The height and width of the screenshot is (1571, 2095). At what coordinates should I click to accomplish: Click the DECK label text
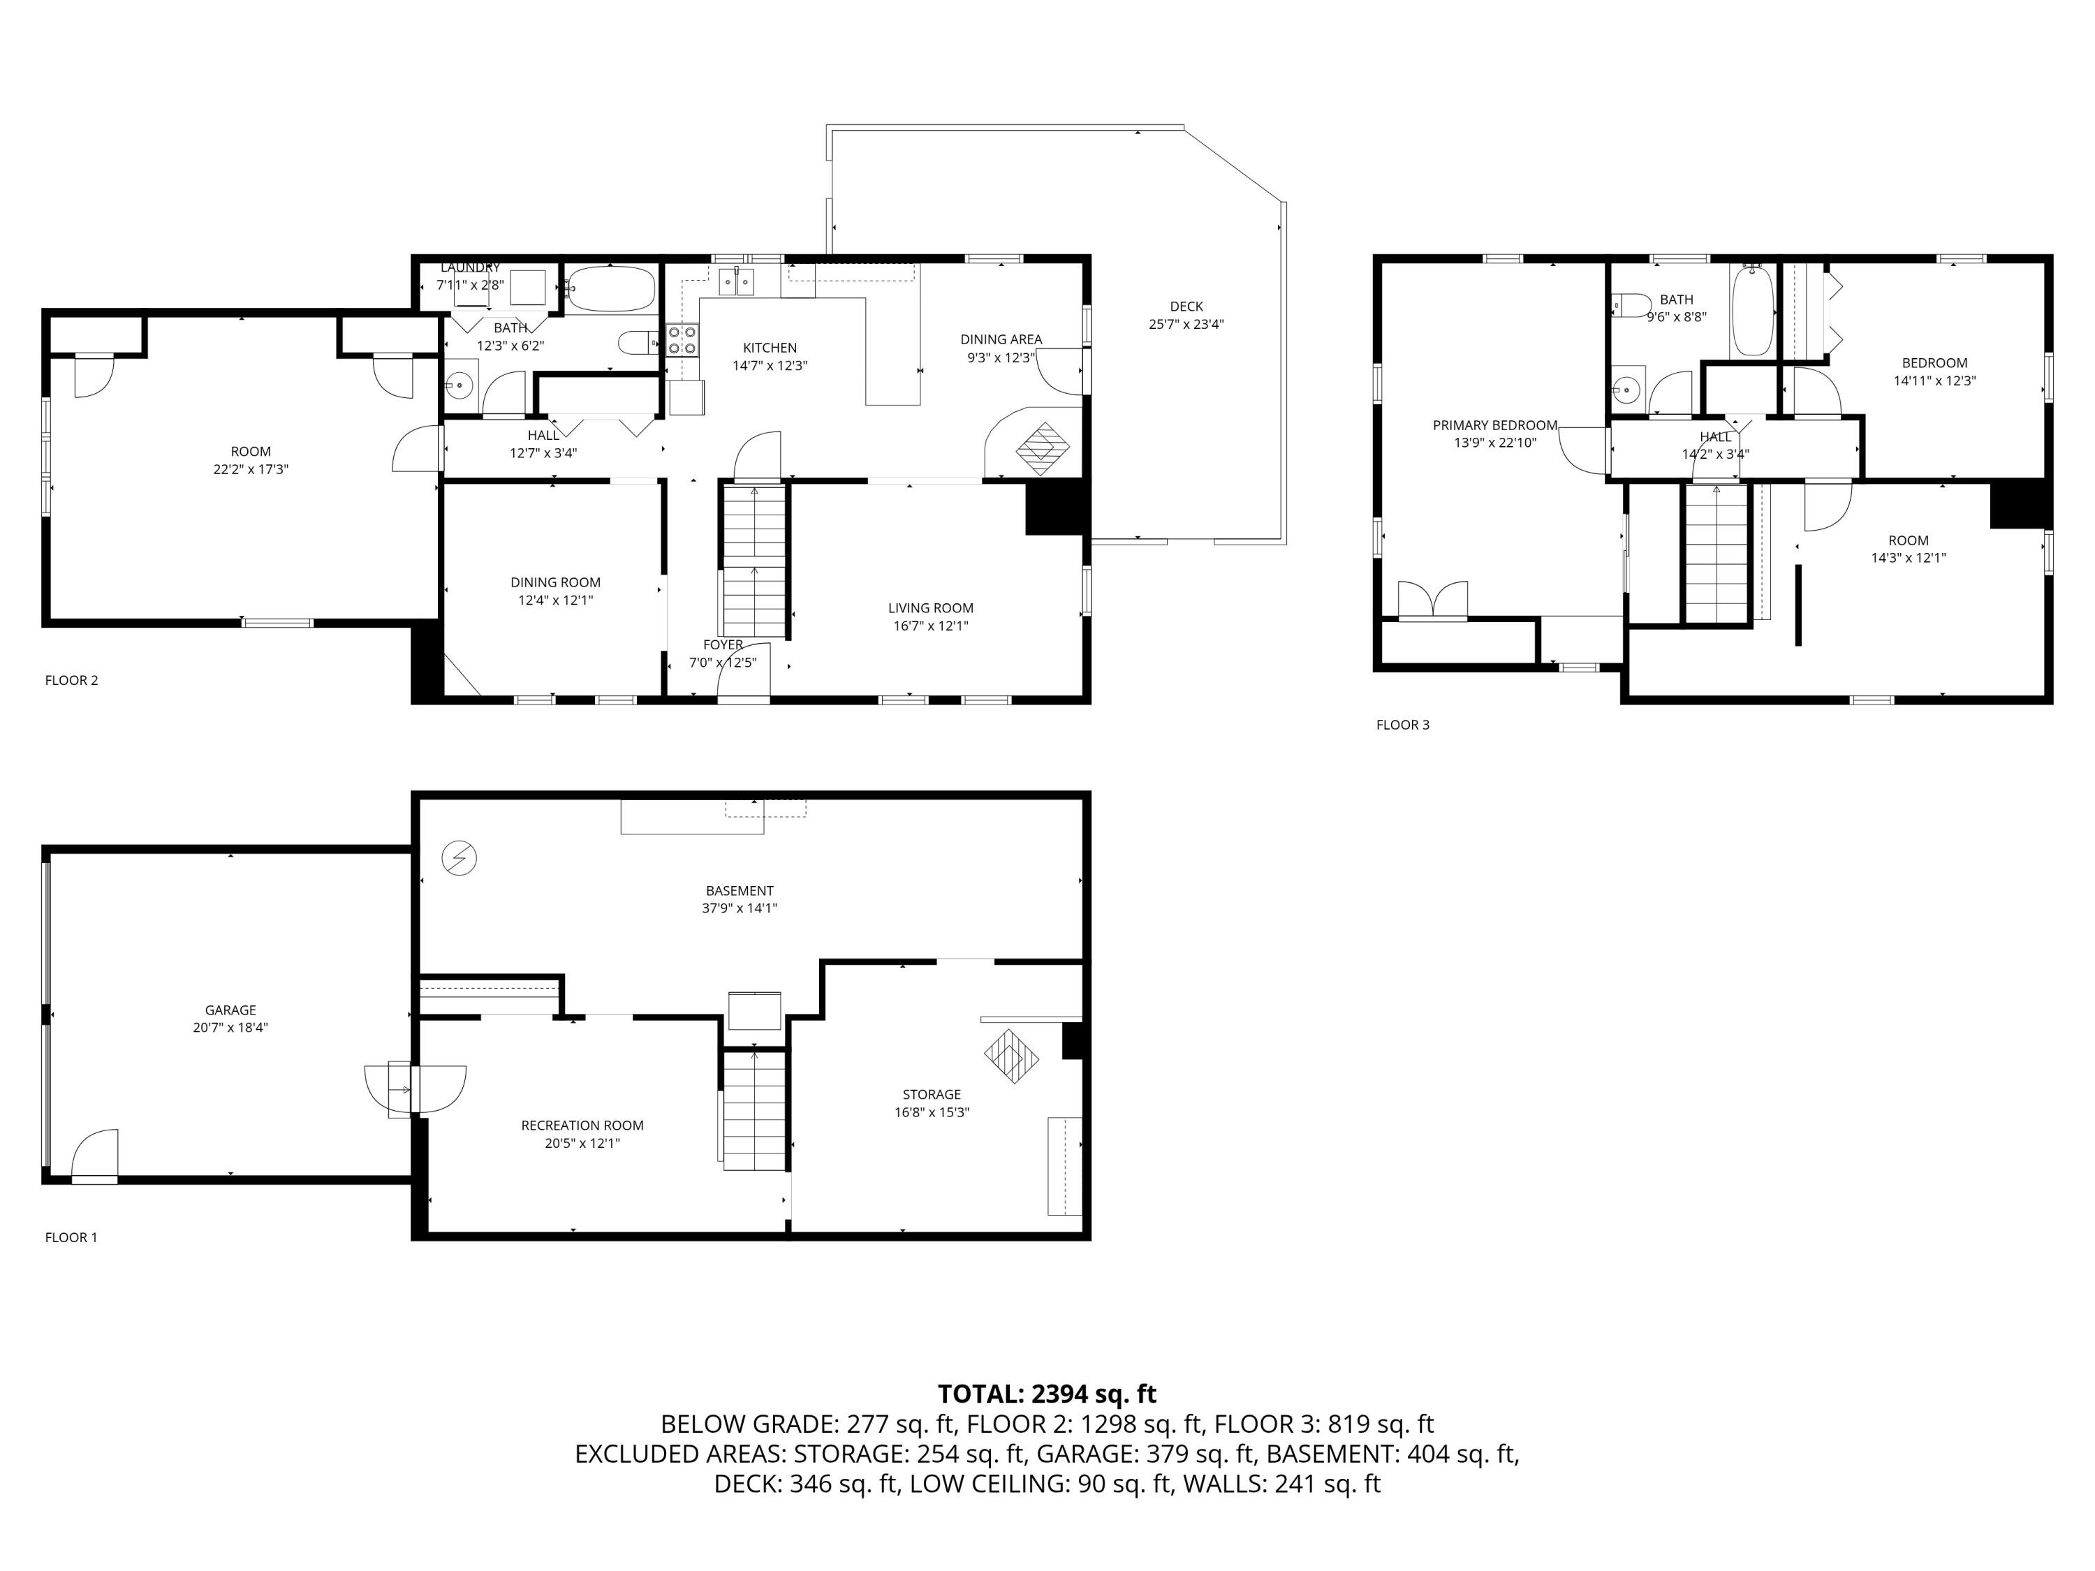point(1186,307)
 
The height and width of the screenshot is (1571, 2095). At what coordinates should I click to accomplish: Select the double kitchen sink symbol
point(737,282)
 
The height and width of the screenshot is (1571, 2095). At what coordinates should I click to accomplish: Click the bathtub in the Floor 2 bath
point(611,289)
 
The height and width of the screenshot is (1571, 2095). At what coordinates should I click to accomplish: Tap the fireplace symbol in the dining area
point(1042,449)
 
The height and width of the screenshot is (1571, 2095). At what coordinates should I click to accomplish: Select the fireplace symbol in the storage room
point(1011,1056)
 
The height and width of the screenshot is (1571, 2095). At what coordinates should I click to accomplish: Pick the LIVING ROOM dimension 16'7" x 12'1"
point(930,626)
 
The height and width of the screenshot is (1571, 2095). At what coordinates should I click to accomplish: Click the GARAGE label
point(230,1010)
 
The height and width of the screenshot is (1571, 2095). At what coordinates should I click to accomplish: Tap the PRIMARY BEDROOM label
point(1494,425)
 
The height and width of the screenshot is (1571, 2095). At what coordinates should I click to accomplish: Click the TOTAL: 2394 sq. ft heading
point(1047,1394)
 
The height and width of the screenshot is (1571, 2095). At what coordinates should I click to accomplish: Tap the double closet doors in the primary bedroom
point(1433,600)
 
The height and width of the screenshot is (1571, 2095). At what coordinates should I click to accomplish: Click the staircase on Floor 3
point(1715,554)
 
